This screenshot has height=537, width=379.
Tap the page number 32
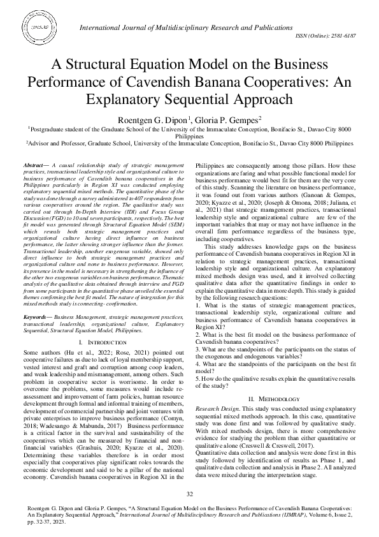[x=189, y=495]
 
